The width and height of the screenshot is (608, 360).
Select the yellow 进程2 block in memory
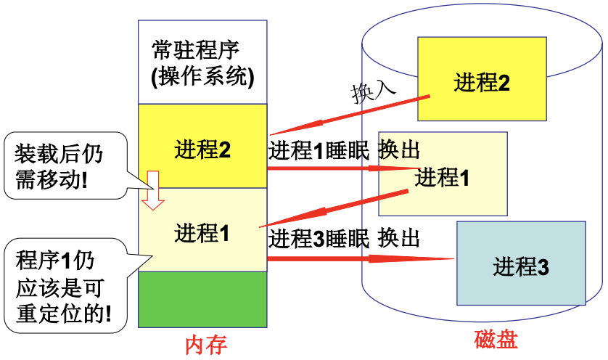(x=202, y=150)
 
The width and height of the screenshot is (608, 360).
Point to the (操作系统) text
(x=202, y=76)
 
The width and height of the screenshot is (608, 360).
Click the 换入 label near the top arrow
(x=373, y=91)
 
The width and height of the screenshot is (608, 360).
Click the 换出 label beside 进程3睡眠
(x=400, y=237)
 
